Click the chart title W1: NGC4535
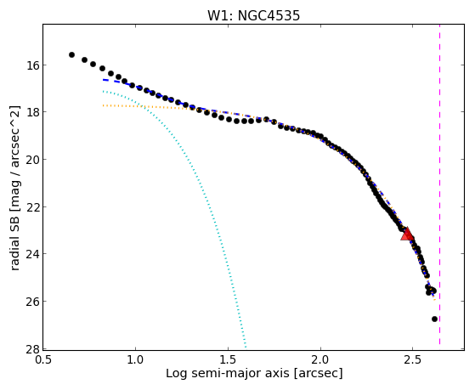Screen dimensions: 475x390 coord(253,15)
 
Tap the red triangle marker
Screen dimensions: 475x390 coord(407,234)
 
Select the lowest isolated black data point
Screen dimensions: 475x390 coord(434,319)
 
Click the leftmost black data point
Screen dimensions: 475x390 coord(71,55)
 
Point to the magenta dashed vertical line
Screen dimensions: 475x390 coord(439,184)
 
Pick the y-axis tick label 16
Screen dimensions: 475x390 coord(31,65)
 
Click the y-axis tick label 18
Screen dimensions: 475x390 coord(31,112)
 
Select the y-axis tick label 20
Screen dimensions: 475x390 coord(31,160)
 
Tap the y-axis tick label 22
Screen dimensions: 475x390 coord(31,206)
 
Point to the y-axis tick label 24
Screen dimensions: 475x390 coord(31,254)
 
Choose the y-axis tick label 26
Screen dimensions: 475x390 coord(31,302)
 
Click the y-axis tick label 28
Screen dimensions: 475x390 coord(31,348)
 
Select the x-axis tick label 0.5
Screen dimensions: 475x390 coord(42,359)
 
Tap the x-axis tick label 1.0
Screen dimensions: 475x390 coord(135,359)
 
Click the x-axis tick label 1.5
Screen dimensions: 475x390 coord(228,359)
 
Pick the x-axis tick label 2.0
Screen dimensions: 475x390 coord(320,359)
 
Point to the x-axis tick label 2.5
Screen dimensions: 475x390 coord(413,359)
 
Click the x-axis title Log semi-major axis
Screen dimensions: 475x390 coord(228,373)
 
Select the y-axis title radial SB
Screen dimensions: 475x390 coord(14,238)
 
